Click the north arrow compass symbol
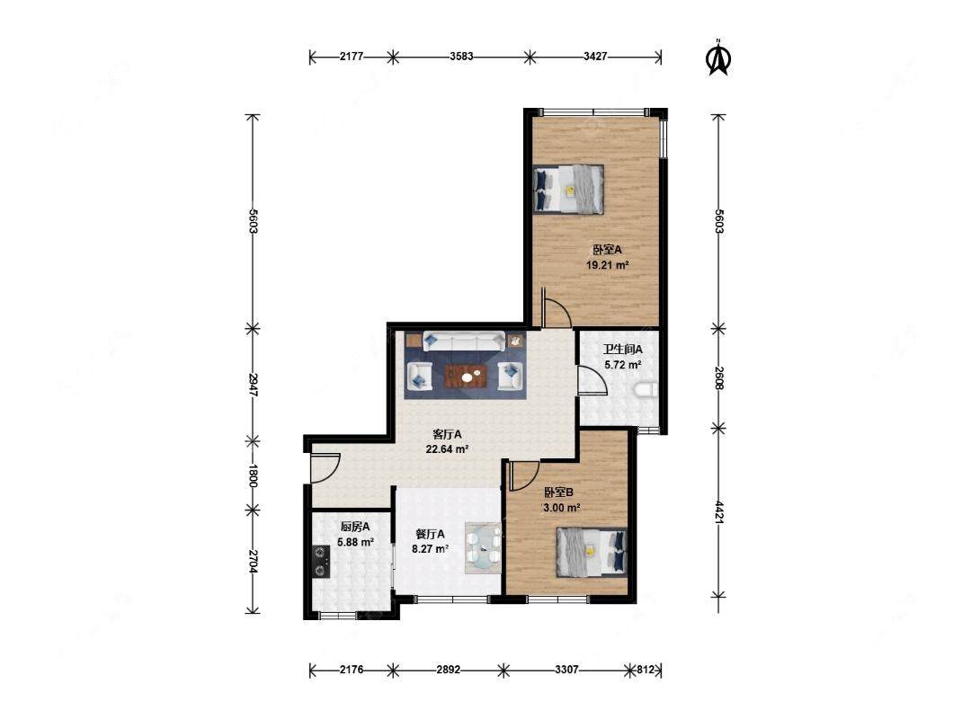click(x=718, y=58)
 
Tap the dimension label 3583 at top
click(x=461, y=57)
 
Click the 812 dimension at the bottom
click(x=646, y=670)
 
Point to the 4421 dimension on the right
click(x=718, y=512)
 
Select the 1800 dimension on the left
click(x=253, y=475)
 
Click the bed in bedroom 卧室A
click(x=568, y=190)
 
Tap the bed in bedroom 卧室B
click(x=592, y=552)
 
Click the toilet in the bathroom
click(x=646, y=390)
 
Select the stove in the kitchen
click(x=321, y=561)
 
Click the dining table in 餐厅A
click(x=483, y=548)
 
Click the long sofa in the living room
click(x=464, y=342)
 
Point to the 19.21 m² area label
click(x=608, y=265)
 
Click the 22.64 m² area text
click(x=447, y=449)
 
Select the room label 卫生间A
click(x=623, y=350)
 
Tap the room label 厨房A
click(x=355, y=527)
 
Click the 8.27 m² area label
click(x=430, y=548)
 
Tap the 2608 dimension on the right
click(x=718, y=378)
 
